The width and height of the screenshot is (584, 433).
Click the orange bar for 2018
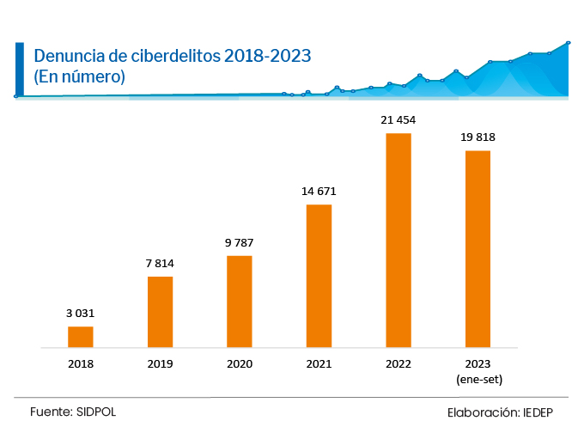click(x=81, y=337)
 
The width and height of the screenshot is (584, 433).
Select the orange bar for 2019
click(x=160, y=312)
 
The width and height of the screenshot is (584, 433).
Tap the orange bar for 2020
click(x=240, y=302)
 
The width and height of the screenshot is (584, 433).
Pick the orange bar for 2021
click(x=319, y=276)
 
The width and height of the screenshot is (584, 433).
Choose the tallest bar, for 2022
click(x=398, y=241)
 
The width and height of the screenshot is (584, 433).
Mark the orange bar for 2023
click(x=478, y=249)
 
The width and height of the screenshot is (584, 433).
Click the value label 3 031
click(x=81, y=314)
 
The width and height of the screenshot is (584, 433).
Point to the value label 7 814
click(x=160, y=263)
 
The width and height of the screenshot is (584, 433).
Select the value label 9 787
click(x=240, y=242)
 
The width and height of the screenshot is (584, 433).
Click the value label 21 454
click(x=398, y=120)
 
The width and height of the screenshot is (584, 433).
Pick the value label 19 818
click(x=478, y=137)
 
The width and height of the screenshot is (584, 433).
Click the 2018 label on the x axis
click(x=81, y=364)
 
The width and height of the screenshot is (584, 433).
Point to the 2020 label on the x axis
click(x=240, y=364)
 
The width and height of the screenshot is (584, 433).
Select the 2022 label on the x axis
click(x=398, y=364)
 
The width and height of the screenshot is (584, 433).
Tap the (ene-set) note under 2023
click(x=478, y=379)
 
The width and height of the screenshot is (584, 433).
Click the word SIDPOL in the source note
click(x=95, y=412)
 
